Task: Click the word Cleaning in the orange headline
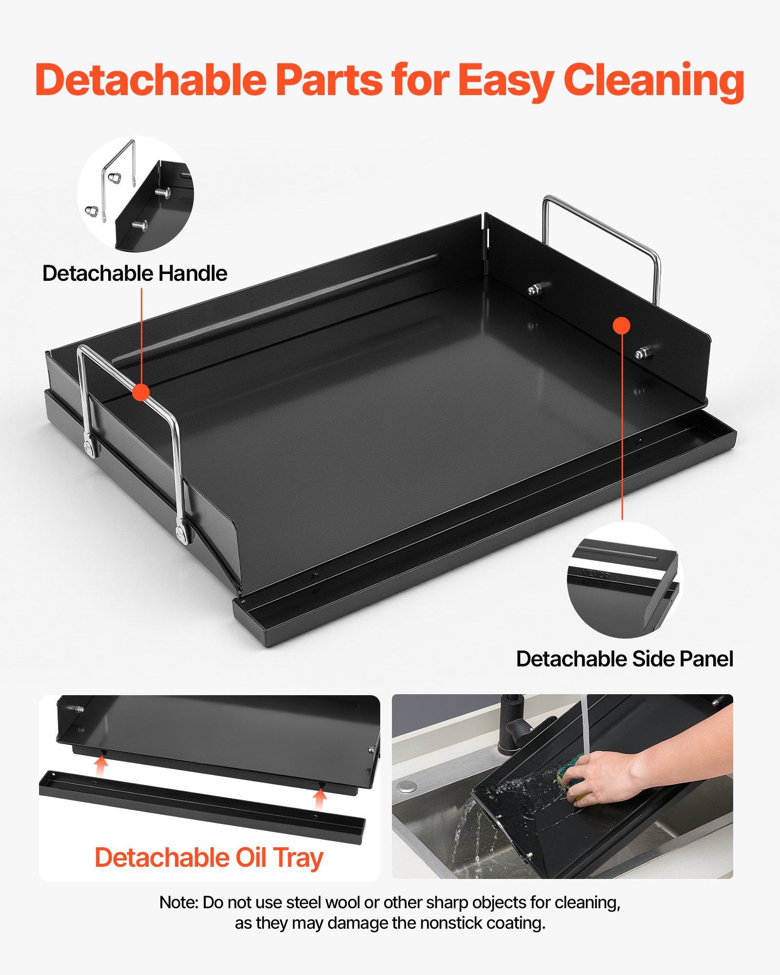(654, 81)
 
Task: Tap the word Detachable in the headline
(151, 79)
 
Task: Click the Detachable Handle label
(135, 273)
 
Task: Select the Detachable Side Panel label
(624, 659)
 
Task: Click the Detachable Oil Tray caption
(209, 858)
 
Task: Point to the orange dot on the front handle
(141, 392)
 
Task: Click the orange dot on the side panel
(622, 325)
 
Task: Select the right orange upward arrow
(320, 799)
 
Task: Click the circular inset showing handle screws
(136, 194)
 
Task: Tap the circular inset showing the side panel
(625, 580)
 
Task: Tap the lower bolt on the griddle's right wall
(644, 352)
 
